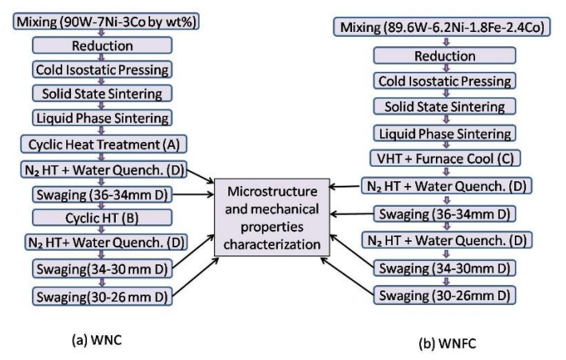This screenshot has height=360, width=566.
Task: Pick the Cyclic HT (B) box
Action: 105,216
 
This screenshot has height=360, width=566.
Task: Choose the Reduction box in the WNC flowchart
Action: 105,45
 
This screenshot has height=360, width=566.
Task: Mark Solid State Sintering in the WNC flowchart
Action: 105,94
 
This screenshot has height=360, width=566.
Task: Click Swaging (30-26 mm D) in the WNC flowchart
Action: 105,296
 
